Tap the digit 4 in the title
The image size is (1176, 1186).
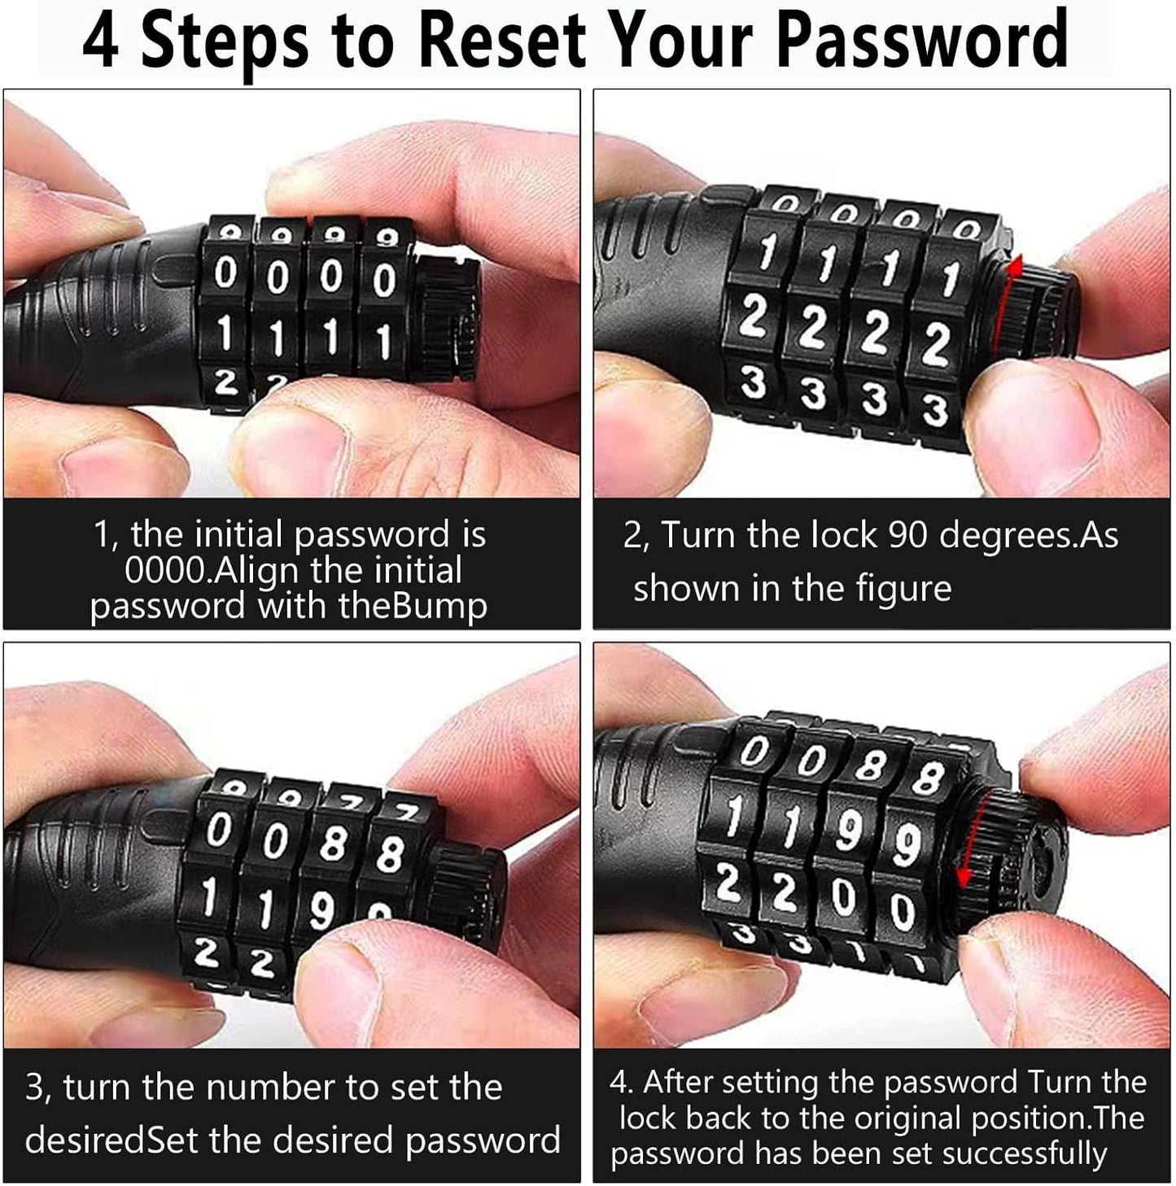point(100,41)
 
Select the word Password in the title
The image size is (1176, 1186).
point(922,41)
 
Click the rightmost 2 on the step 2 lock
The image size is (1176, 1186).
point(935,345)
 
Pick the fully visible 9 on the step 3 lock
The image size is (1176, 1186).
point(321,909)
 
